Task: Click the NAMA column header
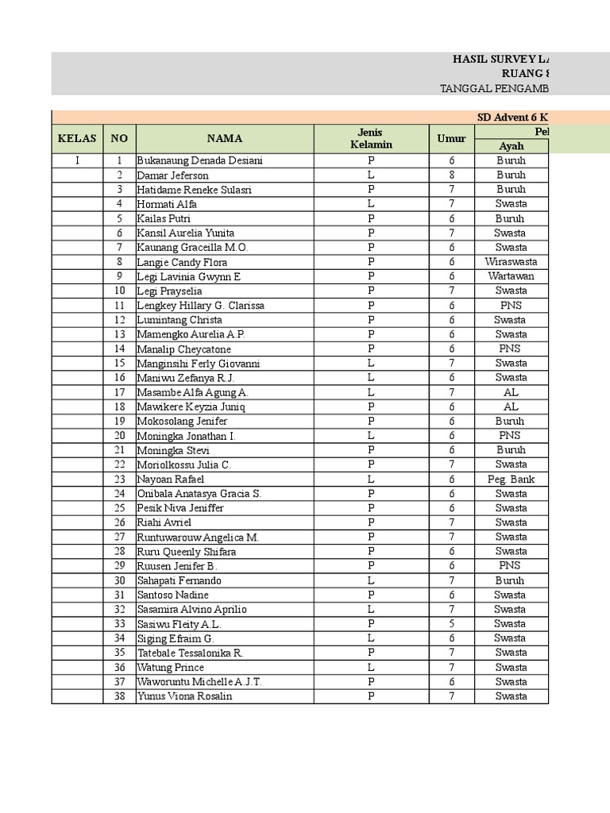(225, 138)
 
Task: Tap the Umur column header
(451, 138)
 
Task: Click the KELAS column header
(77, 138)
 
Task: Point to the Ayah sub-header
(511, 146)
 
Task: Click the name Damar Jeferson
(172, 175)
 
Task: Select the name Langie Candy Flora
(182, 262)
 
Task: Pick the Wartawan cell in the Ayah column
(511, 276)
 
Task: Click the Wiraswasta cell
(511, 262)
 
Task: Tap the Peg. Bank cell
(511, 479)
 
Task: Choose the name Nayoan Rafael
(170, 479)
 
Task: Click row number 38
(119, 696)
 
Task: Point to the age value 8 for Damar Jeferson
(451, 175)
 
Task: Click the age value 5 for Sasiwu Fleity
(451, 623)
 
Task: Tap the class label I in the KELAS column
(77, 160)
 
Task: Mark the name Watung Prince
(170, 668)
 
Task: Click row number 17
(119, 392)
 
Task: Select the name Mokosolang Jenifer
(182, 421)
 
